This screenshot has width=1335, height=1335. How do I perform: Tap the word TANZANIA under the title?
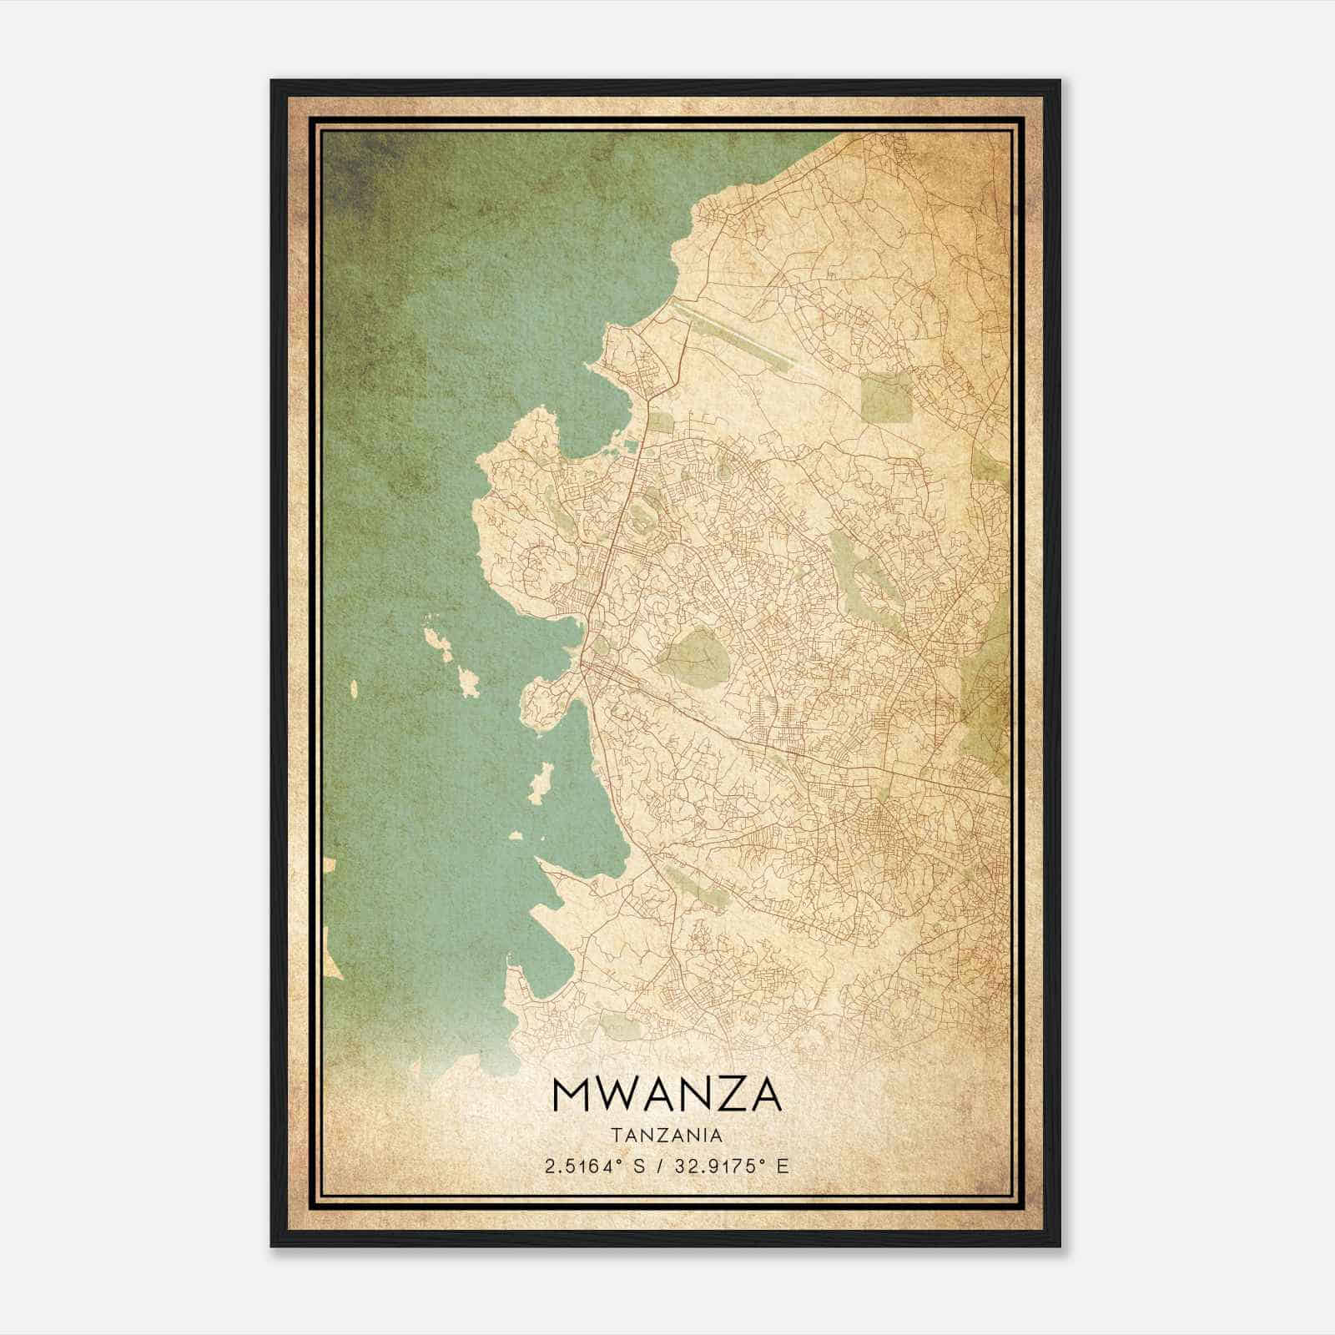(667, 1136)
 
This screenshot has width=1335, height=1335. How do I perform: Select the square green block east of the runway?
(886, 395)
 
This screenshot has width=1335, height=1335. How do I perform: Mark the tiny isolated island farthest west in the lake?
(354, 689)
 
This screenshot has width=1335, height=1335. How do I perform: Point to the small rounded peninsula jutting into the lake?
(542, 706)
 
